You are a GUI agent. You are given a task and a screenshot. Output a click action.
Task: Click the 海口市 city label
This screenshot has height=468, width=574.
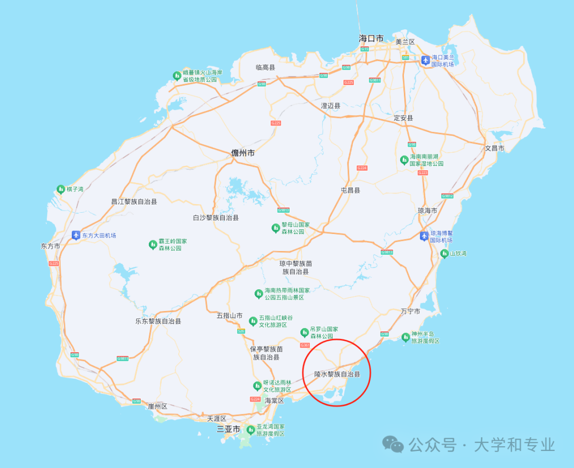371,38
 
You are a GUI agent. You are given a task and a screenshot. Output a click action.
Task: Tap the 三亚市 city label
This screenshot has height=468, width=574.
229,429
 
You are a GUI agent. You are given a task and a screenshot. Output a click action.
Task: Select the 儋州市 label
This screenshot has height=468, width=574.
243,153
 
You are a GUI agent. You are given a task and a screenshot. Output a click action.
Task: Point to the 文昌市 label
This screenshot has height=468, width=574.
495,148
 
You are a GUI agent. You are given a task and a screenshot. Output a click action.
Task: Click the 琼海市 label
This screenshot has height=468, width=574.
427,211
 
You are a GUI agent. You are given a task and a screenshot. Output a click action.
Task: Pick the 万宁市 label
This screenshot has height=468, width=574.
410,311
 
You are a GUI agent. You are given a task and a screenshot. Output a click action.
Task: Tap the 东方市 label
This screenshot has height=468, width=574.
50,246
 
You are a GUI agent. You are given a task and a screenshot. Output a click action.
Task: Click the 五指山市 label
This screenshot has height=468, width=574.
230,315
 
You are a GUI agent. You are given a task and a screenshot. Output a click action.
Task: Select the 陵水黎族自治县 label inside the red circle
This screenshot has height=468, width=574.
337,374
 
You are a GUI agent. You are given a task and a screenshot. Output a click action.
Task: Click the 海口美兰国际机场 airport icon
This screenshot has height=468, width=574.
425,60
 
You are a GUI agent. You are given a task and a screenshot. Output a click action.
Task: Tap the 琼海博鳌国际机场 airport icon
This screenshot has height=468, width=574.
424,236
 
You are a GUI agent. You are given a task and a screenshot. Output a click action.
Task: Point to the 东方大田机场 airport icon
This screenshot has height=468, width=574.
76,235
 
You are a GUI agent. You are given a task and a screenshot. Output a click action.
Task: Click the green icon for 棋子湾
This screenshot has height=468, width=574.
61,189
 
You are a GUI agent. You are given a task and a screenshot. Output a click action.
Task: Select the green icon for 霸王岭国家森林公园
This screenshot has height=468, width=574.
153,245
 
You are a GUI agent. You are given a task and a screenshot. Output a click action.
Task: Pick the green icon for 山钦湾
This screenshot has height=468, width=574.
444,254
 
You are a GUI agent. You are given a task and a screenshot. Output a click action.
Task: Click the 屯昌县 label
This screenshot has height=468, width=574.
350,190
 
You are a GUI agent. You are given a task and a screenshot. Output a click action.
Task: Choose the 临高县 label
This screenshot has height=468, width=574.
265,68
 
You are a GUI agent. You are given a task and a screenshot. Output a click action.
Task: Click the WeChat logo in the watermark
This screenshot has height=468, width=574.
394,444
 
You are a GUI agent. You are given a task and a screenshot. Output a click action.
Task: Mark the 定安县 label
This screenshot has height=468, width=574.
403,118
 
